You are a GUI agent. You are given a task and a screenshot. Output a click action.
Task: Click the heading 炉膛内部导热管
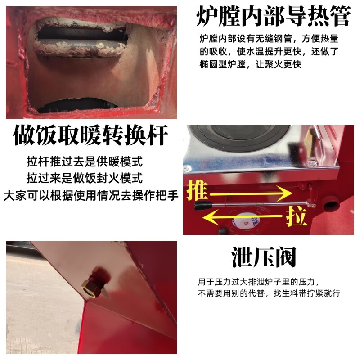click(x=273, y=17)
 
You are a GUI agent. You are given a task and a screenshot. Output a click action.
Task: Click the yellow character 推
click(x=197, y=190)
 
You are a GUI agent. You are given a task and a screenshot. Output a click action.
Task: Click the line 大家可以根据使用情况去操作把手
click(x=90, y=196)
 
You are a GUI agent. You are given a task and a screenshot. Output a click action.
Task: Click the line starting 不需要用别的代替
click(x=269, y=293)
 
